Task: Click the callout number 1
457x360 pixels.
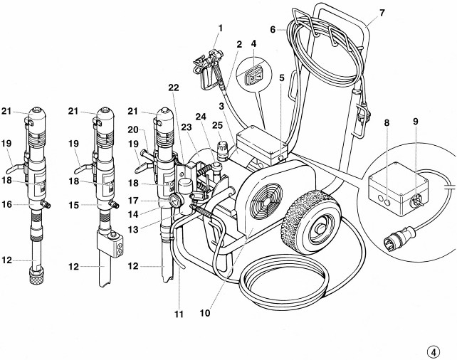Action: coord(221,28)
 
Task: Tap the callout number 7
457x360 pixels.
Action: coord(382,13)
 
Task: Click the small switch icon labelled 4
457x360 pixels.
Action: coord(253,78)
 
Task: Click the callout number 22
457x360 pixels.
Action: coord(173,87)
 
